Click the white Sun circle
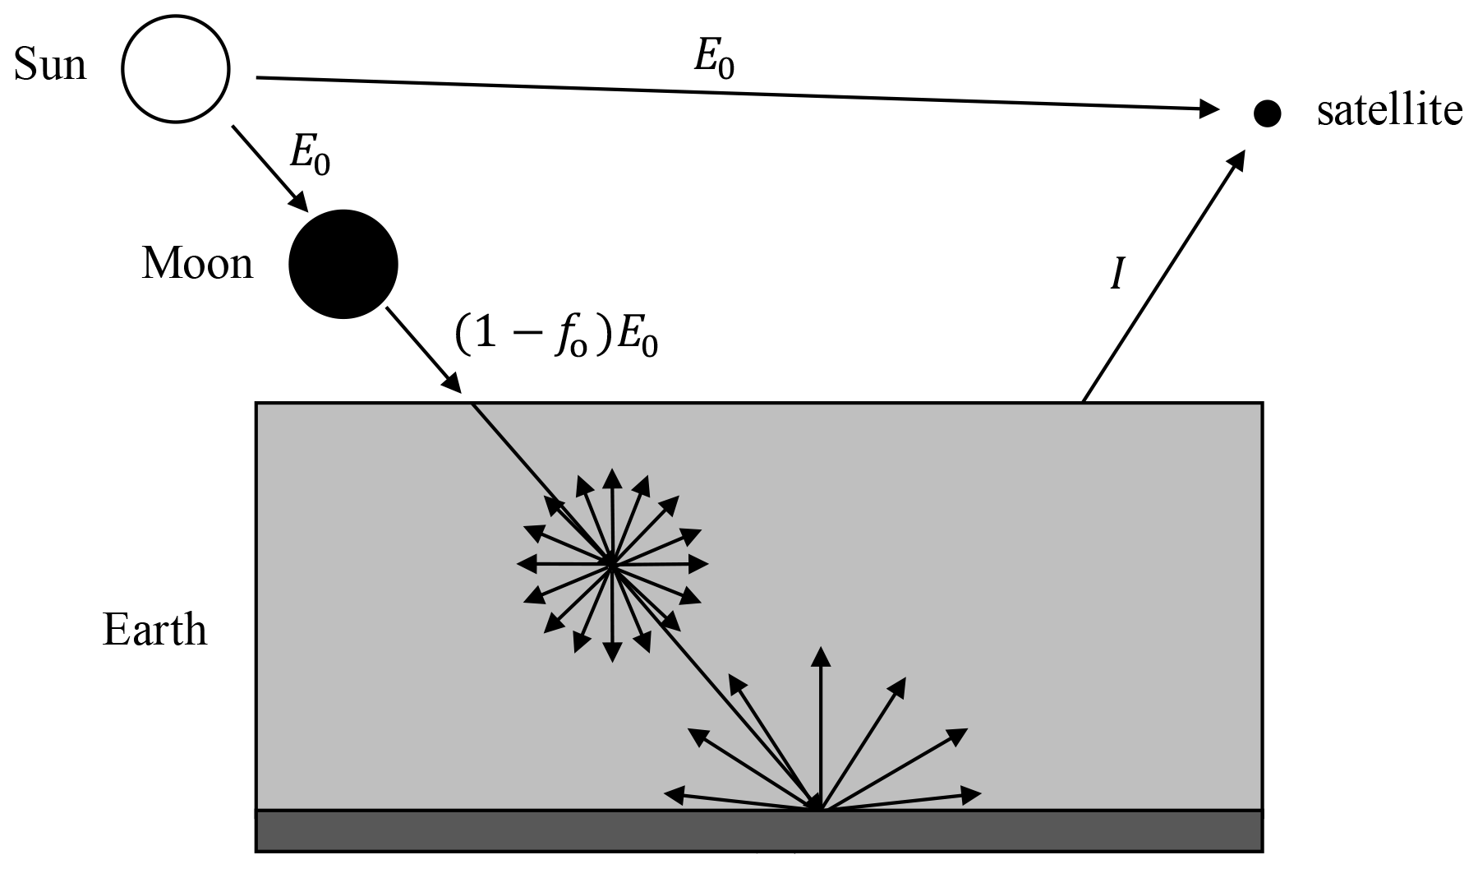pos(176,71)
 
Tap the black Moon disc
pos(343,264)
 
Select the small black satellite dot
pos(1267,113)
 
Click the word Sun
pos(50,64)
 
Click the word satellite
pos(1389,110)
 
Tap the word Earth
pos(154,631)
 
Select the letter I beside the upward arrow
pos(1117,275)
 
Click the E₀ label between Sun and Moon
pos(311,154)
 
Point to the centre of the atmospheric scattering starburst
pos(611,564)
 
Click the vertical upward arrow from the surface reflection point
pos(820,723)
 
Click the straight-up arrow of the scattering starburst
pos(611,510)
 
